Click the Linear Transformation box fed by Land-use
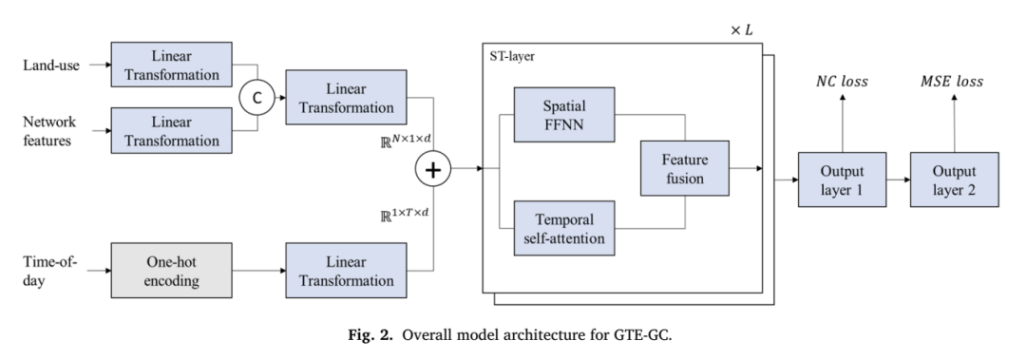coord(171,65)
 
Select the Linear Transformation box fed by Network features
coord(171,131)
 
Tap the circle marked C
coord(256,98)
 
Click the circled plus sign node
coord(433,169)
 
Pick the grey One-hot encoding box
coord(171,271)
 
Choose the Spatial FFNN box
coord(564,115)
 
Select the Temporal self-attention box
coord(564,228)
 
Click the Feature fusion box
coord(684,168)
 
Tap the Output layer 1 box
coord(842,180)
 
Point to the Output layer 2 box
coord(954,180)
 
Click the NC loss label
coord(842,82)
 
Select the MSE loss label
coord(952,82)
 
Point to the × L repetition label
coord(741,30)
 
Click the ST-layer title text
coord(512,56)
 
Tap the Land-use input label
coord(51,65)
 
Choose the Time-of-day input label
coord(49,272)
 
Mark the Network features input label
coord(49,131)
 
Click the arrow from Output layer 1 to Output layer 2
coord(899,180)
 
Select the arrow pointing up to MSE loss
coord(954,123)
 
